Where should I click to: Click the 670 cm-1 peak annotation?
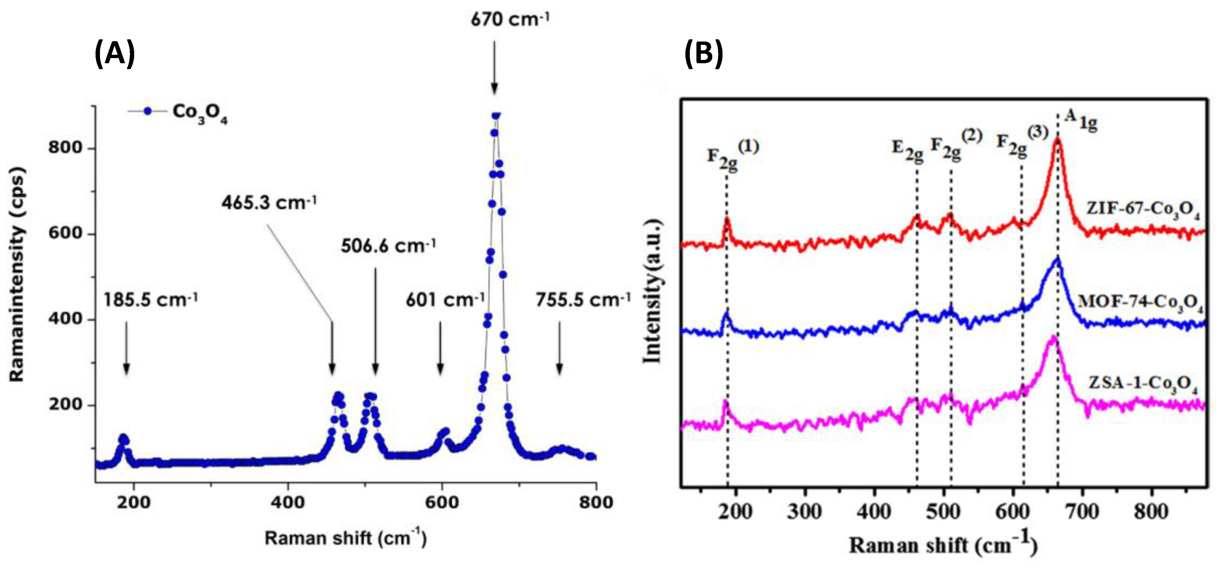(x=510, y=20)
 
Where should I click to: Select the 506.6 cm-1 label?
(x=388, y=246)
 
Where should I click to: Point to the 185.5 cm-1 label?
(x=150, y=300)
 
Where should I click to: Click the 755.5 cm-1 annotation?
(x=583, y=300)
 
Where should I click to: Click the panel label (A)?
(x=115, y=54)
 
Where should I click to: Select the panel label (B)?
(x=704, y=54)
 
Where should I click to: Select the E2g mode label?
(x=907, y=150)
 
